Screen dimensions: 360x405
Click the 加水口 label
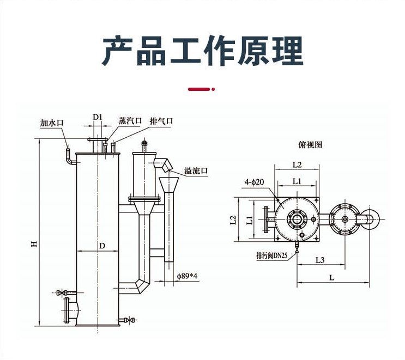click(x=52, y=123)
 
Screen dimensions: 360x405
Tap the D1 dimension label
click(x=98, y=117)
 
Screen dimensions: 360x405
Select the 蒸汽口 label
click(x=130, y=121)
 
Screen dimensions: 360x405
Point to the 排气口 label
click(x=161, y=121)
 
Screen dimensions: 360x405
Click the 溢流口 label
click(x=196, y=171)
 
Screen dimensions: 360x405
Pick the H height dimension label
click(x=34, y=245)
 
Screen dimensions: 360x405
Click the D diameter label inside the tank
click(x=101, y=246)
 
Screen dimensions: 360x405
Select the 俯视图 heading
click(x=311, y=145)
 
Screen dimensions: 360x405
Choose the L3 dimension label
click(x=321, y=260)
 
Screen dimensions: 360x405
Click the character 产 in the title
click(x=118, y=51)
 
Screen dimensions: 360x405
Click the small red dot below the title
click(x=213, y=88)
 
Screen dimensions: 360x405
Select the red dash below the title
click(x=199, y=88)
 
